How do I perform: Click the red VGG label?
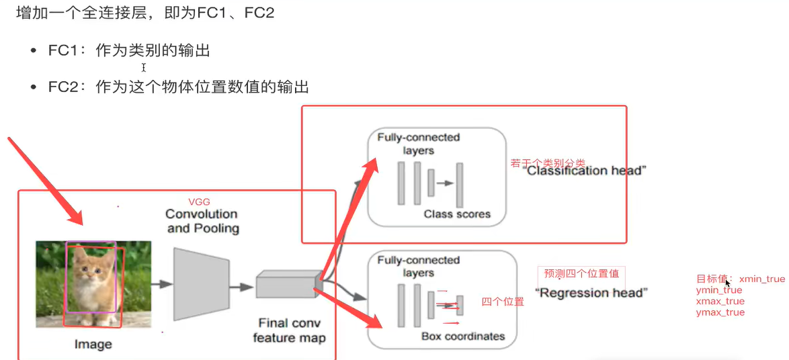point(200,201)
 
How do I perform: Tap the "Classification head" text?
point(585,171)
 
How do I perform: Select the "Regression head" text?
point(591,293)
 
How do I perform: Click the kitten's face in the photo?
point(92,272)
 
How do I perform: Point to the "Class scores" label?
point(457,214)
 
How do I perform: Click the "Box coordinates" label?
point(462,336)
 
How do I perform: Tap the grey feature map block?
point(285,285)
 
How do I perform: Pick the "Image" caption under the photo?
point(93,345)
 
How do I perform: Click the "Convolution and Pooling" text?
point(202,221)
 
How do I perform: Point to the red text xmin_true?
point(761,279)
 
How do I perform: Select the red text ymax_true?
point(720,312)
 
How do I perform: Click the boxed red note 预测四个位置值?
point(581,273)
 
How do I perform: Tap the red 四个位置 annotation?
point(502,302)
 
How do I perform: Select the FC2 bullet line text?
point(178,87)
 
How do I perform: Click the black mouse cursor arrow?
point(728,284)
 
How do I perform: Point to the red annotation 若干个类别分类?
point(548,163)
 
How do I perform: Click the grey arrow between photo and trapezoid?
point(160,285)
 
